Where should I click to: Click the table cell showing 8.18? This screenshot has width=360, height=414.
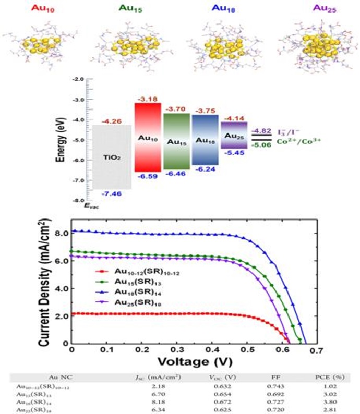pos(167,402)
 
